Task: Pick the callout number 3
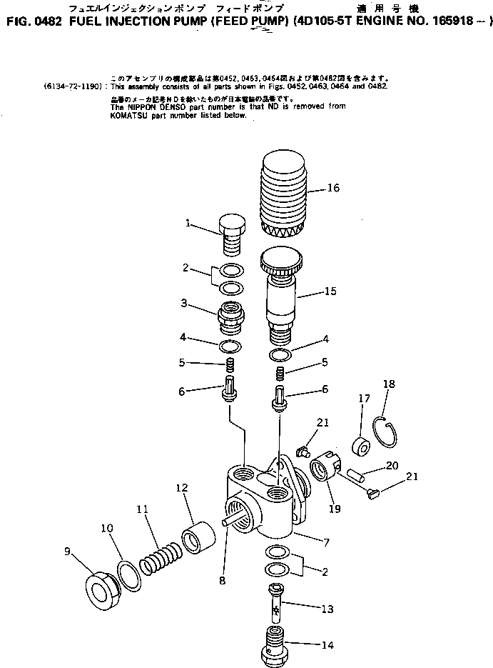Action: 183,304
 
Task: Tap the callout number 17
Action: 364,399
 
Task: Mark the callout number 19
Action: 335,509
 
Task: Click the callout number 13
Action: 327,609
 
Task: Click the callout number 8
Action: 222,580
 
